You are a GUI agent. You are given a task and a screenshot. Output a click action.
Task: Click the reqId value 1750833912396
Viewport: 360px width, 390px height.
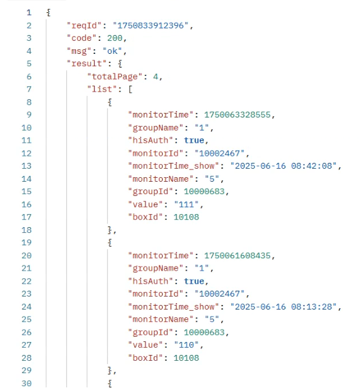[150, 25]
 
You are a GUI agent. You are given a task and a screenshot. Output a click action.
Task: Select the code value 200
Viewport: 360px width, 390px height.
[115, 38]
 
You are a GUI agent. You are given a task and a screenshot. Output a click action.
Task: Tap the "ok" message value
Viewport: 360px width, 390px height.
[112, 51]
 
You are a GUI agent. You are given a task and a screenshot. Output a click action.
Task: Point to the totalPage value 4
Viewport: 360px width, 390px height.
[156, 77]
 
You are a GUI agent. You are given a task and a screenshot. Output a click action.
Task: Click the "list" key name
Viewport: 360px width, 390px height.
[102, 90]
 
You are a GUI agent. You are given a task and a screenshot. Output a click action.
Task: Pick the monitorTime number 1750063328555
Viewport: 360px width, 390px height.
[237, 115]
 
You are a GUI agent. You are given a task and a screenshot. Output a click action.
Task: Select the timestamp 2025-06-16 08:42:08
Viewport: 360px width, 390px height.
[283, 166]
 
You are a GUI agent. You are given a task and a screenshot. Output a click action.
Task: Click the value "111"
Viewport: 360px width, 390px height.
[186, 204]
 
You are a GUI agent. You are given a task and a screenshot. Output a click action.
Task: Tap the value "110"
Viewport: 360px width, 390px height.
[186, 345]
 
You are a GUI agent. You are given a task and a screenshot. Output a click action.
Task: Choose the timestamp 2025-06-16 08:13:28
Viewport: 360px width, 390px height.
[283, 307]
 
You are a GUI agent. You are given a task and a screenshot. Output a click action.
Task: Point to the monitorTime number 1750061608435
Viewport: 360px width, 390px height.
[237, 256]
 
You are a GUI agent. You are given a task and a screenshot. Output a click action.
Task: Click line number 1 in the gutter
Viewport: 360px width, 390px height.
[29, 13]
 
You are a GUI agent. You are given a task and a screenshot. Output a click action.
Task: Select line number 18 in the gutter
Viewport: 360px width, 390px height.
[27, 230]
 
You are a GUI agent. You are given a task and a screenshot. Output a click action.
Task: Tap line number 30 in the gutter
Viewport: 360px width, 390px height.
[27, 384]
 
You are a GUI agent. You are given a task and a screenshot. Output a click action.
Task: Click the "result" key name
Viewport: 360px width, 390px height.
[87, 64]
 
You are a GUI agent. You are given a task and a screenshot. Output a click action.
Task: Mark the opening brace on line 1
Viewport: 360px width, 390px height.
[49, 13]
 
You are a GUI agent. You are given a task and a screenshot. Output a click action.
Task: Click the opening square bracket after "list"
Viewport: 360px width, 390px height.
[130, 90]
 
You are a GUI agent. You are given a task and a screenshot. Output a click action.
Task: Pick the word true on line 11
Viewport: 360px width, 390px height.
[194, 141]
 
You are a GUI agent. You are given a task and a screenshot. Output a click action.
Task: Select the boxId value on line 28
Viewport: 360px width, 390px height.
[186, 358]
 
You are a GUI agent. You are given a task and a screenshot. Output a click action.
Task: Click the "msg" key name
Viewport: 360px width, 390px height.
[79, 51]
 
